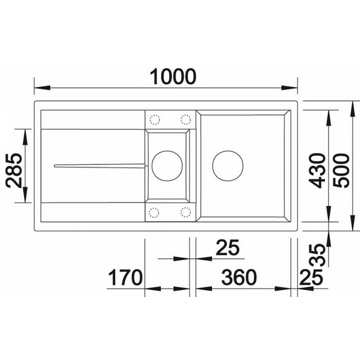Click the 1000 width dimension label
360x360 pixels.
[x=173, y=76]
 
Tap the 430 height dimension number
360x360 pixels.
[x=317, y=171]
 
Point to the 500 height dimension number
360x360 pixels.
[x=341, y=171]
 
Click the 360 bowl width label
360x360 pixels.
[x=239, y=277]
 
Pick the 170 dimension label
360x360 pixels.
[x=125, y=278]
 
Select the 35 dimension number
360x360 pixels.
[x=317, y=255]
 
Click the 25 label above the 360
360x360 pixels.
[x=228, y=247]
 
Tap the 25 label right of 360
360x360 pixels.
[x=311, y=277]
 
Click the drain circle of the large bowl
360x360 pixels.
[x=228, y=151]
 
